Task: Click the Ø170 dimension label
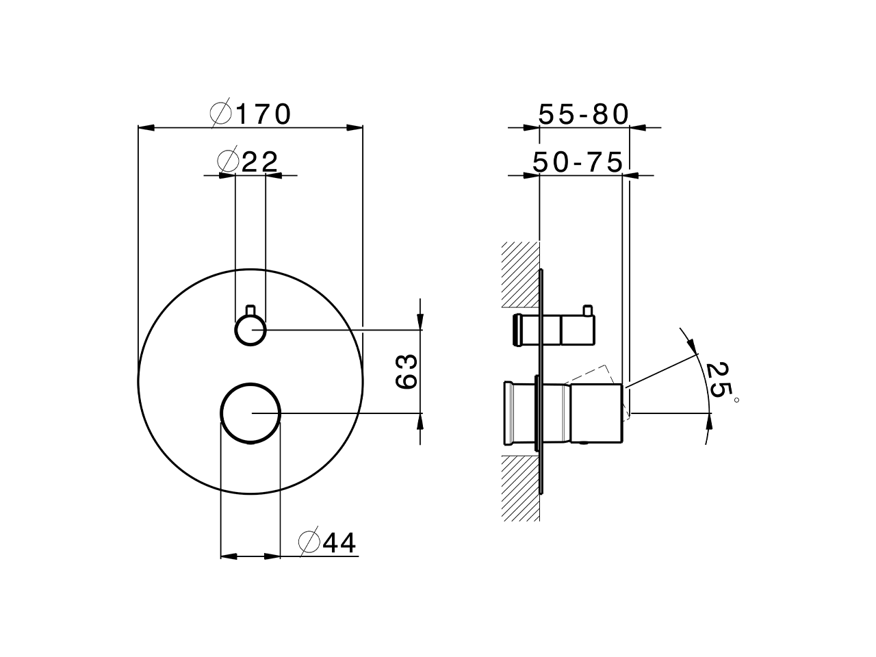tap(251, 114)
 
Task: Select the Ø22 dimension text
tap(248, 162)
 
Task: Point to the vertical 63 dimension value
tap(407, 372)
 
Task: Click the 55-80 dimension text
tap(583, 114)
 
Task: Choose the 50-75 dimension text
tap(578, 163)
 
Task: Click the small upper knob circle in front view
tap(250, 331)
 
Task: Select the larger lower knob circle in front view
tap(250, 413)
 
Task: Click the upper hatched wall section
tap(520, 274)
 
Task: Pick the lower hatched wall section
tap(520, 488)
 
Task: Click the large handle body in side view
tap(595, 413)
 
